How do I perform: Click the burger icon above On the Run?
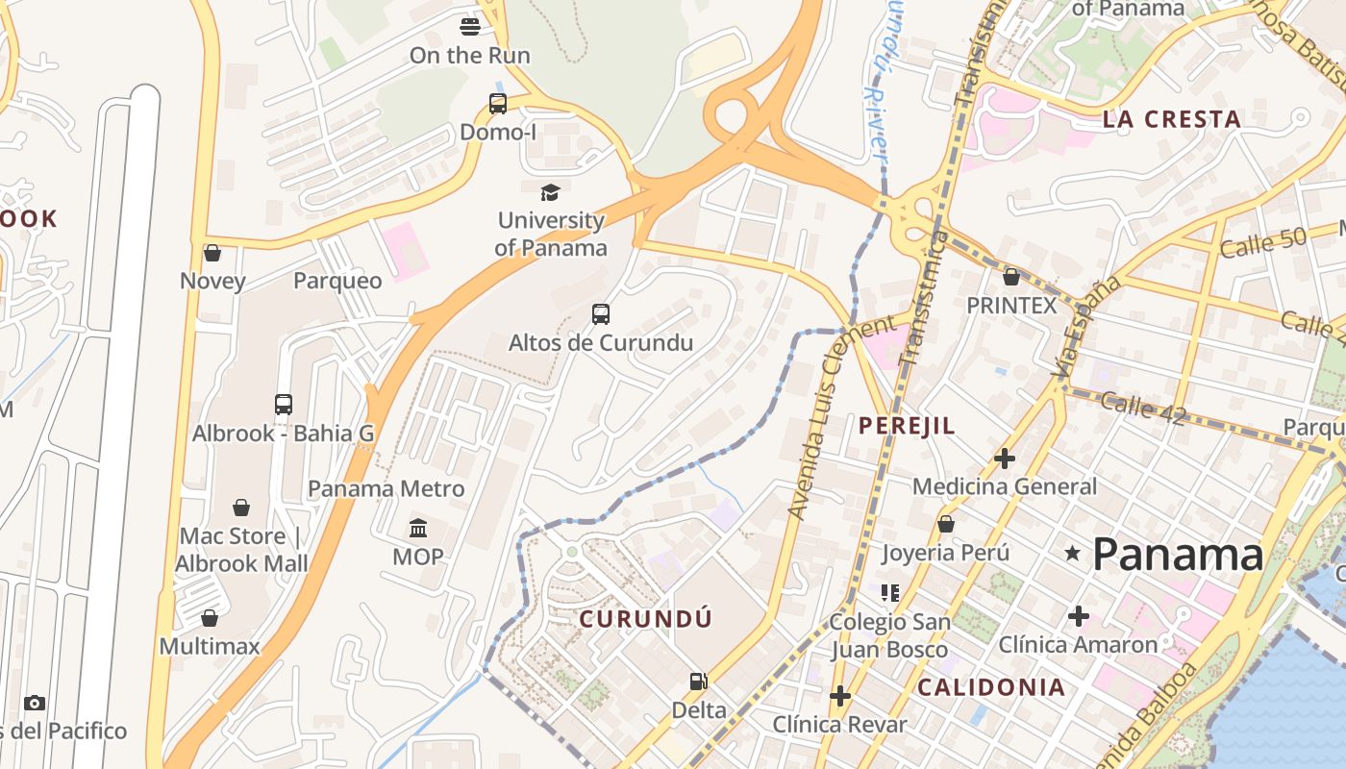pyautogui.click(x=469, y=26)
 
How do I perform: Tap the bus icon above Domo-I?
pyautogui.click(x=497, y=104)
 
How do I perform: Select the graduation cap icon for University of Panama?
pyautogui.click(x=550, y=192)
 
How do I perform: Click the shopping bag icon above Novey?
pyautogui.click(x=212, y=253)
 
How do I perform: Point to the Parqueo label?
pyautogui.click(x=337, y=281)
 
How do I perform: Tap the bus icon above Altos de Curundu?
pyautogui.click(x=601, y=314)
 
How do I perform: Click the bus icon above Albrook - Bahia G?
pyautogui.click(x=283, y=405)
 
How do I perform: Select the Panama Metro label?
pyautogui.click(x=386, y=488)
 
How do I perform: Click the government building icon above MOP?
pyautogui.click(x=418, y=529)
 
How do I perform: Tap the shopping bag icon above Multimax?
pyautogui.click(x=210, y=618)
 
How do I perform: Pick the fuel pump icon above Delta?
pyautogui.click(x=699, y=682)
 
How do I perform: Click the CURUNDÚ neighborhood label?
pyautogui.click(x=646, y=619)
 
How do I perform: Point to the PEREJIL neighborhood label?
pyautogui.click(x=907, y=426)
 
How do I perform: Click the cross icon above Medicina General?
pyautogui.click(x=1005, y=459)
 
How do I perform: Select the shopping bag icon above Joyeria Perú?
pyautogui.click(x=946, y=525)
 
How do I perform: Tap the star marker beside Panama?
pyautogui.click(x=1073, y=553)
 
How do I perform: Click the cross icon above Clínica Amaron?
pyautogui.click(x=1078, y=615)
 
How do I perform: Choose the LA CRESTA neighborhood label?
pyautogui.click(x=1171, y=119)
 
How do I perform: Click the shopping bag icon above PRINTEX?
pyautogui.click(x=1011, y=278)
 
